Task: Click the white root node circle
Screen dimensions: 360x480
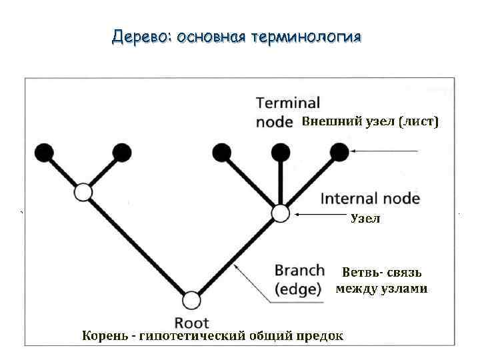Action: coord(191,301)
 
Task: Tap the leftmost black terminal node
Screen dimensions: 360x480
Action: coord(44,153)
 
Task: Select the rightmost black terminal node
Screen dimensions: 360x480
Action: coord(339,153)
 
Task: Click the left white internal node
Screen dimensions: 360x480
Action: coord(83,193)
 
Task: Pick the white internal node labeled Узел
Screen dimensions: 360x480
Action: coord(281,213)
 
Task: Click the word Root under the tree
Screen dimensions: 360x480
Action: coord(191,323)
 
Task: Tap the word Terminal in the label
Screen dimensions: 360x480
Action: coord(288,103)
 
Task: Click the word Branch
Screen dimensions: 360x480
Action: coord(299,271)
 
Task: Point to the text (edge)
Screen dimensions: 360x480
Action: coord(298,289)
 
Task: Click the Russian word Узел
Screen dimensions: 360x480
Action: coord(365,219)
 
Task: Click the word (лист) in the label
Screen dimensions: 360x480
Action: coord(419,121)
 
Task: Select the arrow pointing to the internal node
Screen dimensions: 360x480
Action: coord(320,214)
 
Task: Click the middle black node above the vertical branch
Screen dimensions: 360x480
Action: coord(281,153)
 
